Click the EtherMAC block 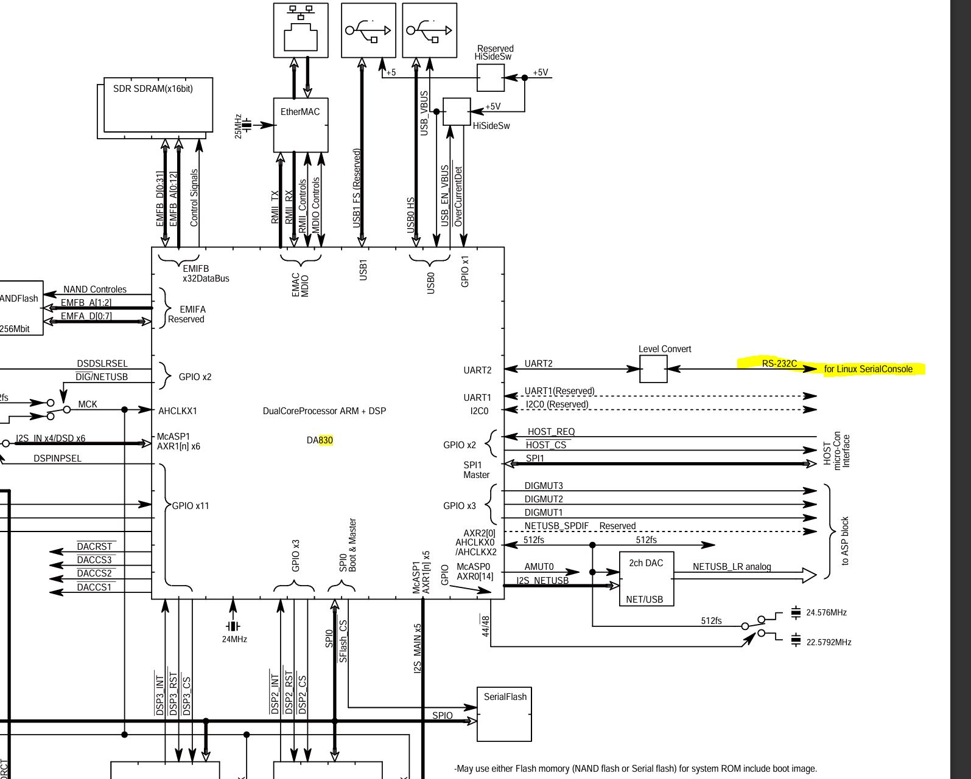[301, 125]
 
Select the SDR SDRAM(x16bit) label [153, 89]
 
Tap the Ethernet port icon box [301, 30]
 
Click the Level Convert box [653, 369]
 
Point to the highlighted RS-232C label [779, 364]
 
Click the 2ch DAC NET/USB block [646, 578]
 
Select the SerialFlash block [504, 714]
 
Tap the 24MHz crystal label [234, 639]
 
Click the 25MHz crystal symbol [247, 126]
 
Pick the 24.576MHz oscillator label [826, 613]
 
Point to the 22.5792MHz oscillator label [829, 642]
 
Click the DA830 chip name [320, 440]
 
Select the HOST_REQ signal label [551, 432]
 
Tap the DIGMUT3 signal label [544, 486]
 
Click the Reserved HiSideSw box [490, 78]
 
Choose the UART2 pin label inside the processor [477, 370]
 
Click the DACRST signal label [95, 547]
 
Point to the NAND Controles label [95, 289]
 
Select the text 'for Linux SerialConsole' [868, 369]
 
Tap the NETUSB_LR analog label [732, 567]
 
